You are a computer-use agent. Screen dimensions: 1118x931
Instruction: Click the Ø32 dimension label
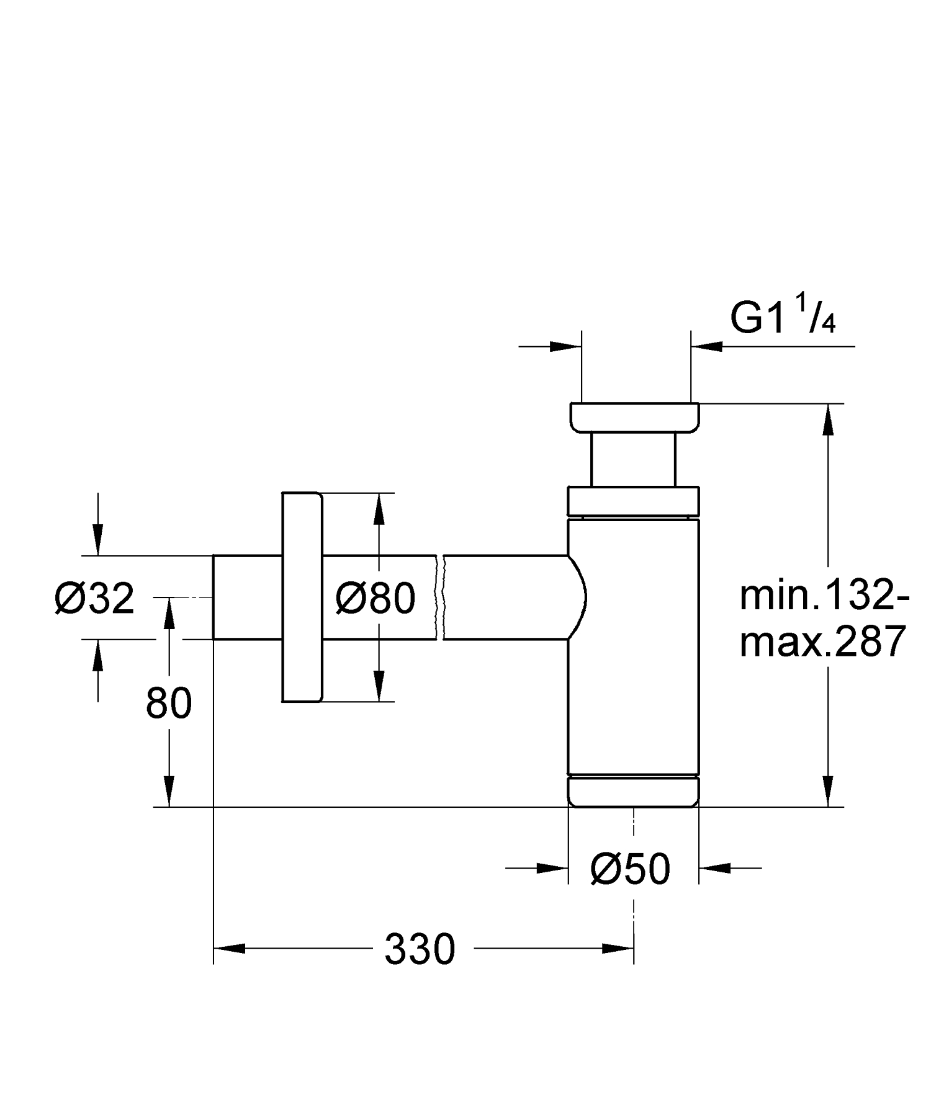point(94,599)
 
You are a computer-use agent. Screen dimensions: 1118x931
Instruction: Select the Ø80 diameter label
point(375,599)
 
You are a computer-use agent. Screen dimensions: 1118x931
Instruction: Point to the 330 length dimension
point(420,949)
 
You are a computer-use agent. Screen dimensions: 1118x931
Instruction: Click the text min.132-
point(824,597)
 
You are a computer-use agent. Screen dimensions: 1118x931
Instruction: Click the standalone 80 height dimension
point(169,704)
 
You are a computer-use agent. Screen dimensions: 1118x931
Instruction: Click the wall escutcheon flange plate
point(302,597)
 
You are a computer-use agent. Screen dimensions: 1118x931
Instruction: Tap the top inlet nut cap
point(634,417)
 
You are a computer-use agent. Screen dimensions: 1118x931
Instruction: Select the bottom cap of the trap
point(634,792)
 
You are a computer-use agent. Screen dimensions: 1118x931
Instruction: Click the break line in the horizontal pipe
point(440,597)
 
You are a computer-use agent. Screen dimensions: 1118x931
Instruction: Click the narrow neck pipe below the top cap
point(632,459)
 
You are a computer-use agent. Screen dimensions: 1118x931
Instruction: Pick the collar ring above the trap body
point(634,501)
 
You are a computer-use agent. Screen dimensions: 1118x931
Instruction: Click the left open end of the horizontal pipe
point(215,597)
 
